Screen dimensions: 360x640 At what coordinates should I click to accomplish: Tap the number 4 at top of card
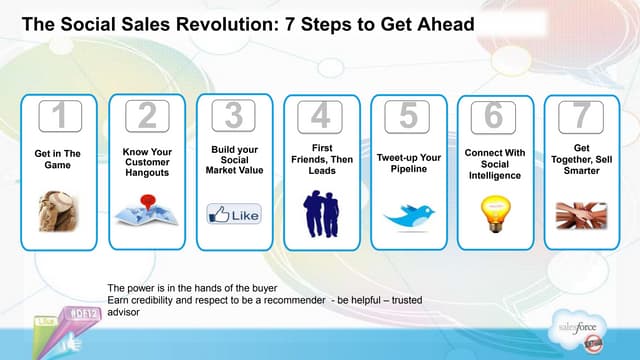(319, 117)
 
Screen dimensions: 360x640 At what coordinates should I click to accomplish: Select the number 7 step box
(580, 117)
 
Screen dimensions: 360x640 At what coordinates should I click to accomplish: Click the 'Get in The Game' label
(58, 160)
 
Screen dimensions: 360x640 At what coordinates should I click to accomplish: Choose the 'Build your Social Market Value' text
(233, 160)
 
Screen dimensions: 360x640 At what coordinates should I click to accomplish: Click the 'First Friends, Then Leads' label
(320, 157)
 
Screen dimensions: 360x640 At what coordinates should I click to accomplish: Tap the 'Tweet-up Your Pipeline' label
(407, 163)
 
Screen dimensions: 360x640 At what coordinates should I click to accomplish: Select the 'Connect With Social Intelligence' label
(494, 163)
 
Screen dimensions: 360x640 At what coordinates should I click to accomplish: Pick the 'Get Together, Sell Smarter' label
(581, 157)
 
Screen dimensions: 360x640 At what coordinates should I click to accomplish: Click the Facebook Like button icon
(233, 214)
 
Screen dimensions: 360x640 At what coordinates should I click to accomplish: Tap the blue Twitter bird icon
(408, 215)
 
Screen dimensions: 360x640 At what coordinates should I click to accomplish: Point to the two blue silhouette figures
(320, 213)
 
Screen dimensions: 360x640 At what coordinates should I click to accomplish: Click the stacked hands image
(581, 212)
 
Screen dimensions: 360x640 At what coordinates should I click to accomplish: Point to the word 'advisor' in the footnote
(125, 311)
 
